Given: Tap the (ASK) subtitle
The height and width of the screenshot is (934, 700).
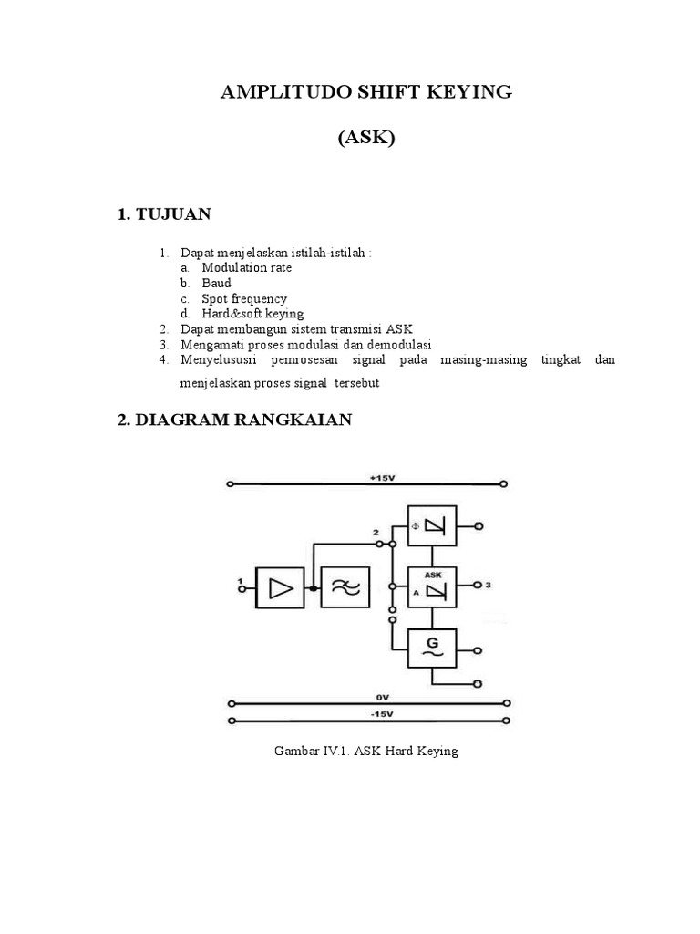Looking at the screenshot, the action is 366,138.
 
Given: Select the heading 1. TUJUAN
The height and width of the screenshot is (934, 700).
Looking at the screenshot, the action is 164,214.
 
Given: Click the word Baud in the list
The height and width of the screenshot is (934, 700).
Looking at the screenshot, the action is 216,283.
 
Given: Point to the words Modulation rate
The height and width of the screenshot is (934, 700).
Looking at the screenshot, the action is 246,267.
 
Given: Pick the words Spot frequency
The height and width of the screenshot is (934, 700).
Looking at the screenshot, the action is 244,299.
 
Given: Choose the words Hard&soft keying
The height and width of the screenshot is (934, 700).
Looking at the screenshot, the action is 252,314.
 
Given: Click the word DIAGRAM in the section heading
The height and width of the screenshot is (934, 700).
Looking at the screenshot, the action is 182,420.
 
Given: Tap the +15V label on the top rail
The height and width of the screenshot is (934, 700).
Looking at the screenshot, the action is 382,478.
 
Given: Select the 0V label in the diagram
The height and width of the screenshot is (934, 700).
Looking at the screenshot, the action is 382,698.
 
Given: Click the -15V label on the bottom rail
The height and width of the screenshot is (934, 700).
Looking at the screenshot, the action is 382,714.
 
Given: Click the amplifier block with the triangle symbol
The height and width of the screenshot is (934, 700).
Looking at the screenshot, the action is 280,588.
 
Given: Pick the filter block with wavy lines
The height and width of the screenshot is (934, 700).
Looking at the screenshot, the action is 345,587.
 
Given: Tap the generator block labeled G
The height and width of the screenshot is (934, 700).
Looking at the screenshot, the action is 432,649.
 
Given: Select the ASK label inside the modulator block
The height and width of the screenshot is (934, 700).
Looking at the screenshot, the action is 433,575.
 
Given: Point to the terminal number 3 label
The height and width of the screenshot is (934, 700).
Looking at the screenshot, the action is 489,585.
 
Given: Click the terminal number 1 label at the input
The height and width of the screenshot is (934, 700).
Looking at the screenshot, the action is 240,580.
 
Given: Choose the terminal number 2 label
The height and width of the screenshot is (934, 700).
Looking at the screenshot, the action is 375,532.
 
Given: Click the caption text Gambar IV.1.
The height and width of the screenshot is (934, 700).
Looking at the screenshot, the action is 312,751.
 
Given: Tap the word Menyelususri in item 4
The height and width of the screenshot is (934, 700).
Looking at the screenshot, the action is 219,359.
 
